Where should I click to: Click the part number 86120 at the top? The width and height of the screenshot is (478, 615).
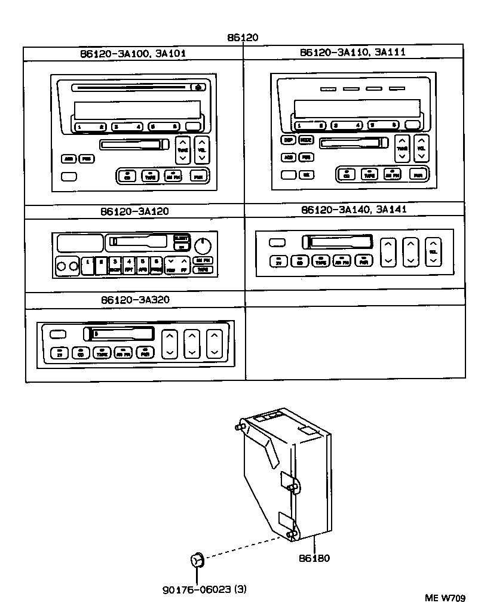(x=242, y=38)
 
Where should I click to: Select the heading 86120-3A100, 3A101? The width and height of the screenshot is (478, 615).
(x=133, y=53)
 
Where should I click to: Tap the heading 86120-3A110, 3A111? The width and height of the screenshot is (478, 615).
(x=353, y=53)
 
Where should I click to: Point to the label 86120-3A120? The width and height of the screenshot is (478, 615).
(x=134, y=211)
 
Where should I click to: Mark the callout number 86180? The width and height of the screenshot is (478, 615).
(x=315, y=558)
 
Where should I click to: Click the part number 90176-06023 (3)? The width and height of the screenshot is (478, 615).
(x=204, y=589)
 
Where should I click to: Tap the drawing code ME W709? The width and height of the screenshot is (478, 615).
(x=448, y=598)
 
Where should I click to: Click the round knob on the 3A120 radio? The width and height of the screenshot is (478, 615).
(x=204, y=245)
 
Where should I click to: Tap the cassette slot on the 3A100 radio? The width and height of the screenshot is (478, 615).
(x=134, y=144)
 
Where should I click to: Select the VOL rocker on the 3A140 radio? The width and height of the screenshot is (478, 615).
(x=433, y=251)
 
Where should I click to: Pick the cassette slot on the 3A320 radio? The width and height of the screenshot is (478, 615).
(x=119, y=334)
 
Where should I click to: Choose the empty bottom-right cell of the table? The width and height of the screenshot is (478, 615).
(x=355, y=343)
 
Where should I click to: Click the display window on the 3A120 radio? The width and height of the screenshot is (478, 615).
(x=79, y=243)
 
